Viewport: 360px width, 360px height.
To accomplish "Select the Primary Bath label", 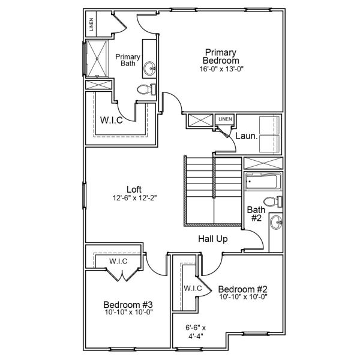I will (x=128, y=60).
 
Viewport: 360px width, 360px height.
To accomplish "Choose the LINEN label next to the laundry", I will (x=225, y=119).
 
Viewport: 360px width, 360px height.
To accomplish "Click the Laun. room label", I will (x=246, y=136).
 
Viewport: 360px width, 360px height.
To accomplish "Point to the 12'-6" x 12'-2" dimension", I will (x=134, y=197).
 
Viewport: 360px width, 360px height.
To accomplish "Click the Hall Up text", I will (x=213, y=239).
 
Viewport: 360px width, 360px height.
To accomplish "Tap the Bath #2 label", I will (x=255, y=214).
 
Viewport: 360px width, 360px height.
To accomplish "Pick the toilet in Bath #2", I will (x=269, y=201).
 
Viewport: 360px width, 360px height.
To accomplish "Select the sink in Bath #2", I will (x=276, y=224).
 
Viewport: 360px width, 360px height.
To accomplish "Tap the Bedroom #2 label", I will (x=242, y=287).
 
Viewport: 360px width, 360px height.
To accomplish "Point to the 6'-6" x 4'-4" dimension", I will (x=196, y=332).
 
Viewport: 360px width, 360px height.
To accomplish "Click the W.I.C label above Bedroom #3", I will (x=118, y=262).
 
